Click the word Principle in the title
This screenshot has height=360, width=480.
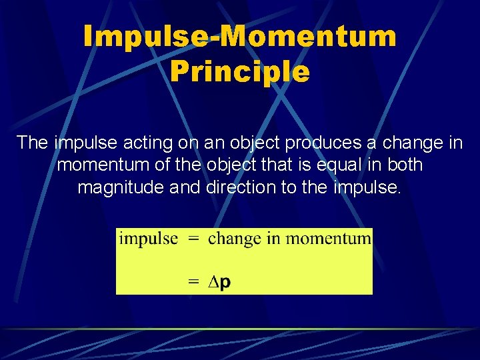click(240, 71)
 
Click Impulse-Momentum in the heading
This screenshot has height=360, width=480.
click(240, 37)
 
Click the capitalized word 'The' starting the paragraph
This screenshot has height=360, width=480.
click(33, 143)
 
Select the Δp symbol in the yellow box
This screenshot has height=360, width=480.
click(219, 282)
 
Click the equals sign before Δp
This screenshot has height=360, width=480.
click(193, 282)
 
